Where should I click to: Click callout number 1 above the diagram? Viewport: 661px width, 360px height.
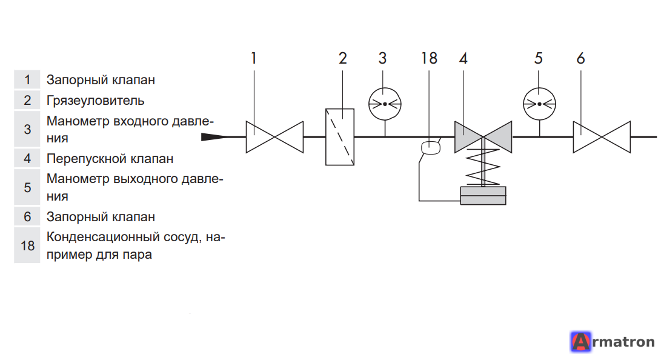254,58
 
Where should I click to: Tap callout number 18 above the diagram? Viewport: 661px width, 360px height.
429,58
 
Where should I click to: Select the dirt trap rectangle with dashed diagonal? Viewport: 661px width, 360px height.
340,137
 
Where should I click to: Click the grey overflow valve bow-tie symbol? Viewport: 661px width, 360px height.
483,137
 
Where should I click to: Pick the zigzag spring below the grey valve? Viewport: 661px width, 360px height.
483,167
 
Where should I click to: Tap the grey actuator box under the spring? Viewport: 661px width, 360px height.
483,196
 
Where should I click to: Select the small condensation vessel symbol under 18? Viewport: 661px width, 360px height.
431,148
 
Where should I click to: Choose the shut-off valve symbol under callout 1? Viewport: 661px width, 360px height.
275,137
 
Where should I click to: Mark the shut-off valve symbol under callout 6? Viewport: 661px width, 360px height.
602,137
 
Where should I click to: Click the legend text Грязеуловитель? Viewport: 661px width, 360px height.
95,101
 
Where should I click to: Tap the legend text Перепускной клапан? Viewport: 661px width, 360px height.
110,159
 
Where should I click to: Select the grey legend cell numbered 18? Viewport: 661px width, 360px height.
27,245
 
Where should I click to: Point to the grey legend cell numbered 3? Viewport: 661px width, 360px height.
27,129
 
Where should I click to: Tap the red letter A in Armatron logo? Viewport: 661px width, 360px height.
581,341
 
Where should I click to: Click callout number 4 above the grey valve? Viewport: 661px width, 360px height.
463,58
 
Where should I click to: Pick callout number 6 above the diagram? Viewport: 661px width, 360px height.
581,58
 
